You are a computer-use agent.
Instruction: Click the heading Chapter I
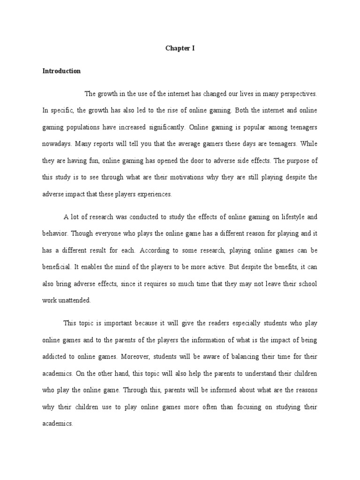point(180,48)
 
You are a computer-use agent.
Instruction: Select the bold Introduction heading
point(61,71)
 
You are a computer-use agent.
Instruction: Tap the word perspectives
point(295,94)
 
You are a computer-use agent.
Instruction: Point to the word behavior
point(55,233)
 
